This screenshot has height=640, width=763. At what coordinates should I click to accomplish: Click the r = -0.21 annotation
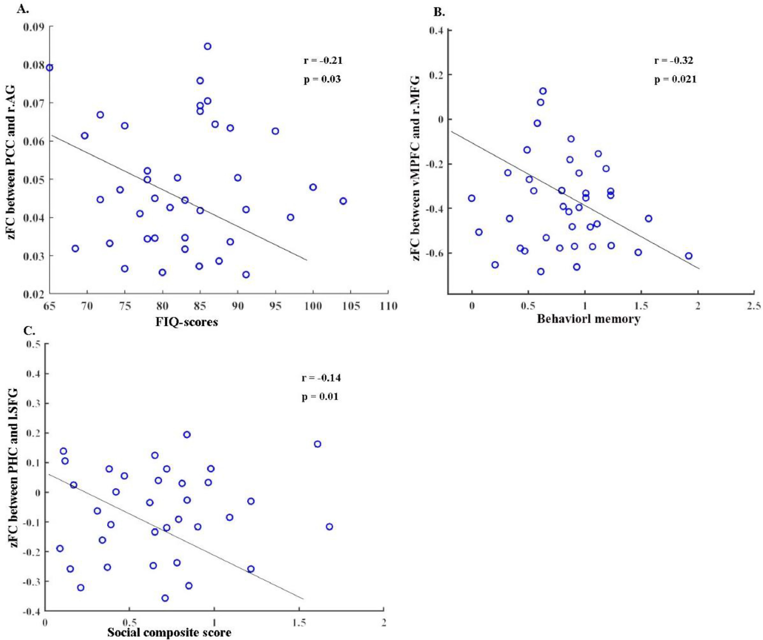323,60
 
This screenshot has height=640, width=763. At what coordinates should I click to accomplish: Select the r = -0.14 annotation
321,378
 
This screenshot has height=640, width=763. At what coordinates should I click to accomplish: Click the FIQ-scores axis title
187,322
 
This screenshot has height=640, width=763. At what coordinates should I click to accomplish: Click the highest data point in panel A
207,46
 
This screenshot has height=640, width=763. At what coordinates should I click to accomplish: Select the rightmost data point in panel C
329,527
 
